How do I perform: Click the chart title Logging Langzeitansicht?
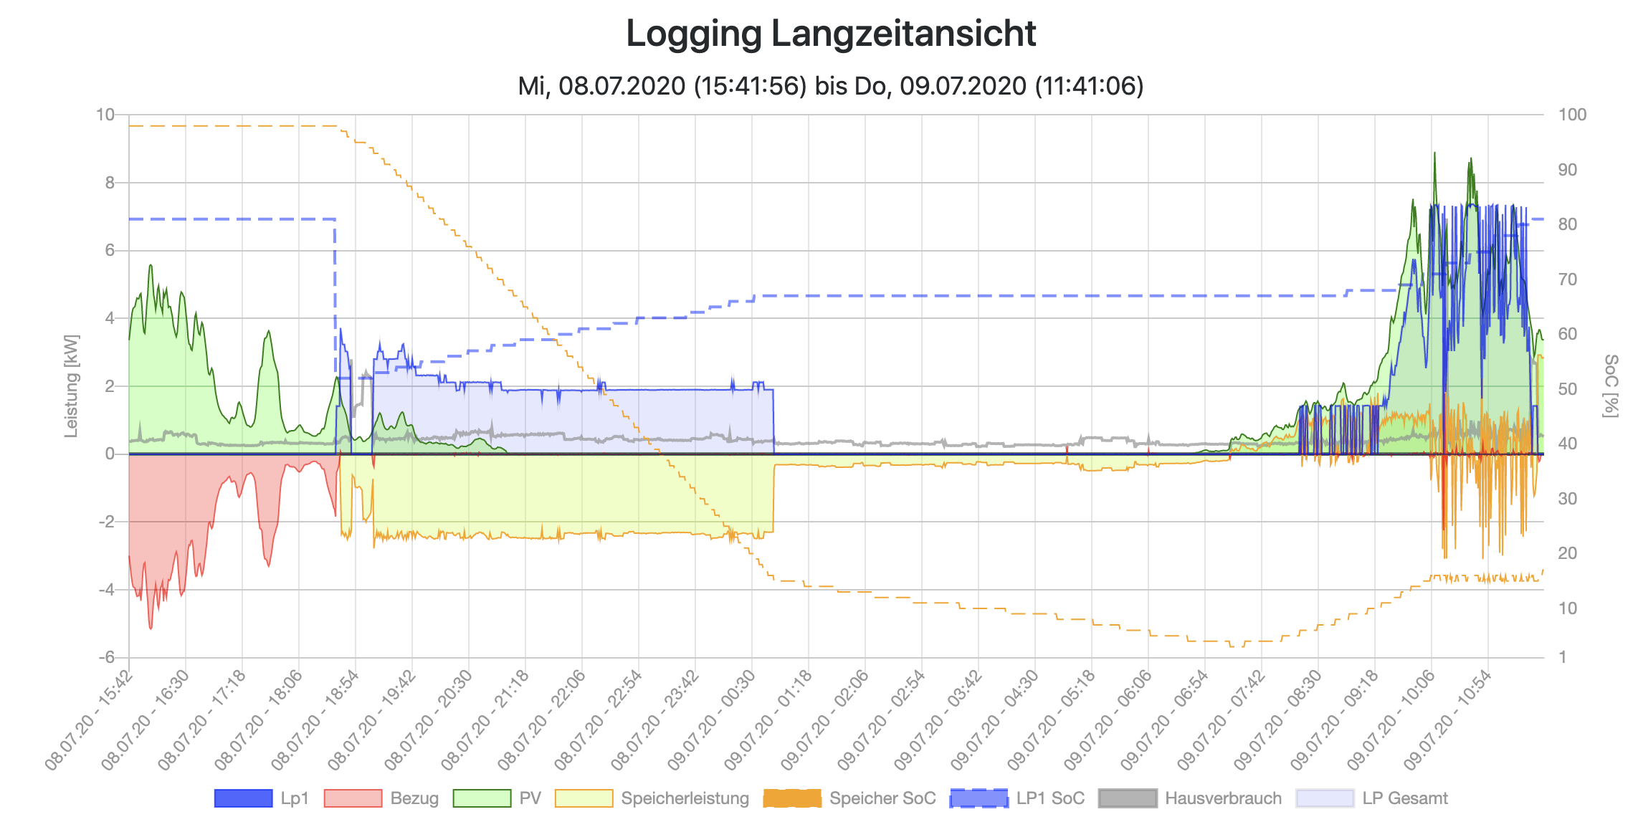[831, 34]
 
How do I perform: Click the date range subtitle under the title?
[831, 86]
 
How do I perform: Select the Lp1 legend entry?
[262, 798]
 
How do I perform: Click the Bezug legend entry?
[381, 798]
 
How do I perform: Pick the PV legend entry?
[497, 798]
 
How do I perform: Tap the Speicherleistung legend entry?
[652, 798]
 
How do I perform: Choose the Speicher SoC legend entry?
[849, 798]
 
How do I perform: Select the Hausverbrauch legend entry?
[1190, 798]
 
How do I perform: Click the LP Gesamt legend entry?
[1372, 798]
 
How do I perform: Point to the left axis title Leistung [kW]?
[71, 386]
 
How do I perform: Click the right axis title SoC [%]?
[1611, 386]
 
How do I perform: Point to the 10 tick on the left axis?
[105, 115]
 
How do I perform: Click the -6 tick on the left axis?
[105, 657]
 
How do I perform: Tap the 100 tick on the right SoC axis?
[1572, 115]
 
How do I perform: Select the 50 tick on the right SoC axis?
[1568, 389]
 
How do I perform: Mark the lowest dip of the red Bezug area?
[151, 628]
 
